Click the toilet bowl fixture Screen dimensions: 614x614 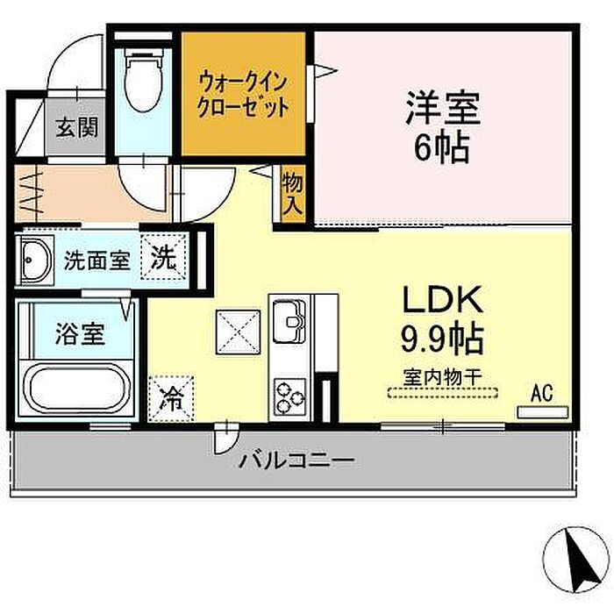[143, 82]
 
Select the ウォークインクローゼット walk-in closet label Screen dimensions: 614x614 [243, 95]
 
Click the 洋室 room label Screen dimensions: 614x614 [443, 107]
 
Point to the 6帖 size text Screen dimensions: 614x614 [442, 148]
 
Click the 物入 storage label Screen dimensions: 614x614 [293, 193]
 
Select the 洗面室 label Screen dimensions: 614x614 [96, 260]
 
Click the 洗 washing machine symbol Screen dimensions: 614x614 [164, 256]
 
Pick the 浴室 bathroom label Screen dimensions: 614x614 [81, 333]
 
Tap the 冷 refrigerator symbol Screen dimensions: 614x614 [172, 398]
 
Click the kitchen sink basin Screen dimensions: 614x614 [289, 320]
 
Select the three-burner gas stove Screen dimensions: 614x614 [289, 397]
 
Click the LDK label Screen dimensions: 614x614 [442, 300]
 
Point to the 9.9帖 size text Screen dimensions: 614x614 [442, 339]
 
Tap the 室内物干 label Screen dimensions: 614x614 [442, 377]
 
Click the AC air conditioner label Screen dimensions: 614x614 [542, 393]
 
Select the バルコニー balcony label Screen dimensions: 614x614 [297, 460]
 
